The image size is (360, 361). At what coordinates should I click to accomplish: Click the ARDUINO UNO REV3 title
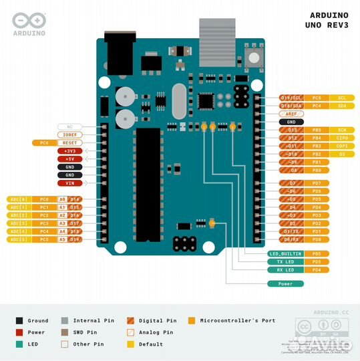click(329, 20)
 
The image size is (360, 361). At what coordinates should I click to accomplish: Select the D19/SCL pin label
click(291, 98)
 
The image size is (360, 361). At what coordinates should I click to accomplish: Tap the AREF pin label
click(291, 114)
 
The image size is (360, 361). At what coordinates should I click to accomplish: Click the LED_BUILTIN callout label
click(285, 254)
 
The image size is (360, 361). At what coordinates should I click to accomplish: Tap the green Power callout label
click(285, 283)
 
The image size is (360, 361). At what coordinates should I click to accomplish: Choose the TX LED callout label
click(285, 262)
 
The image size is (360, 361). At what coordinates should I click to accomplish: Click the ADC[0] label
click(18, 199)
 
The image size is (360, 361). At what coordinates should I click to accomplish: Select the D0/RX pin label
click(292, 239)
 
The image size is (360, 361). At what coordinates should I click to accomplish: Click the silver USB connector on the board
click(218, 33)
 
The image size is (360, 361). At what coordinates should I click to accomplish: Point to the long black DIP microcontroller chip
click(148, 184)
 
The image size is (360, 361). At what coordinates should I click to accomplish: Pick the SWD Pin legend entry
click(87, 332)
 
